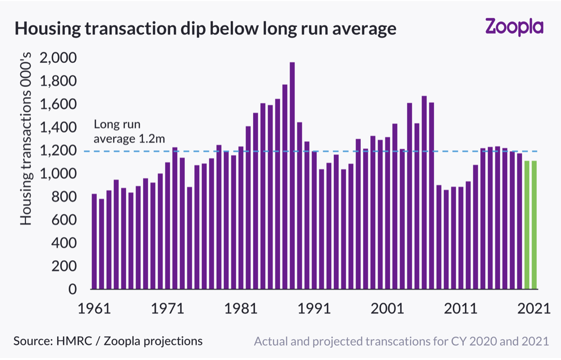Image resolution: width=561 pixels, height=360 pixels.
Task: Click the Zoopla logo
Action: click(515, 27)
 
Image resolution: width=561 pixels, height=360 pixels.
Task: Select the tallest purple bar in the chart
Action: click(292, 176)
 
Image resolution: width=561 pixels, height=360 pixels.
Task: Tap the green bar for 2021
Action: click(534, 225)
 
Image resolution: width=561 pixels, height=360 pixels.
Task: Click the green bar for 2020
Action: click(527, 225)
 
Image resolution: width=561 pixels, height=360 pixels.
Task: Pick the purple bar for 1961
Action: click(95, 241)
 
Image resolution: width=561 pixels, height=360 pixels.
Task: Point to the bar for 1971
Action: click(167, 226)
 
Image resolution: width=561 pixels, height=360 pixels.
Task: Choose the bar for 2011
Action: click(461, 238)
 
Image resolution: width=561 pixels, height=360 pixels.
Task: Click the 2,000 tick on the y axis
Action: click(58, 57)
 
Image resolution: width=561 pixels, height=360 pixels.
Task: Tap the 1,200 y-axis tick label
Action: click(58, 150)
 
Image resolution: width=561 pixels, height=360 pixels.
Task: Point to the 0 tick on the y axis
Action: click(73, 289)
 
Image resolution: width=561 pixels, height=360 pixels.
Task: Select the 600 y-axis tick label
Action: click(64, 219)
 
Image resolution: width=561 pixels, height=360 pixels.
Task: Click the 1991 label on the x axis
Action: click(314, 308)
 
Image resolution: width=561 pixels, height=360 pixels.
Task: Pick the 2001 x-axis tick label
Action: click(387, 308)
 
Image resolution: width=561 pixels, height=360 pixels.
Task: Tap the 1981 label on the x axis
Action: click(241, 308)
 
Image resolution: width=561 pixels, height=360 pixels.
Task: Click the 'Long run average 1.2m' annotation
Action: click(129, 132)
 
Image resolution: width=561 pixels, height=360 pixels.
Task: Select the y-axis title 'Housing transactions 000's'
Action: click(26, 139)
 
